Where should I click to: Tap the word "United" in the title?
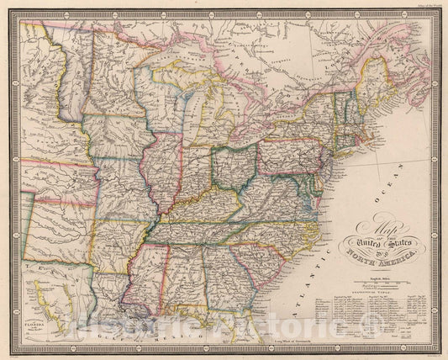pos(361,241)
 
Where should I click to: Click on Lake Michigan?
pos(194,118)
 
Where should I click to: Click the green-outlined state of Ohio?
pos(234,165)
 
